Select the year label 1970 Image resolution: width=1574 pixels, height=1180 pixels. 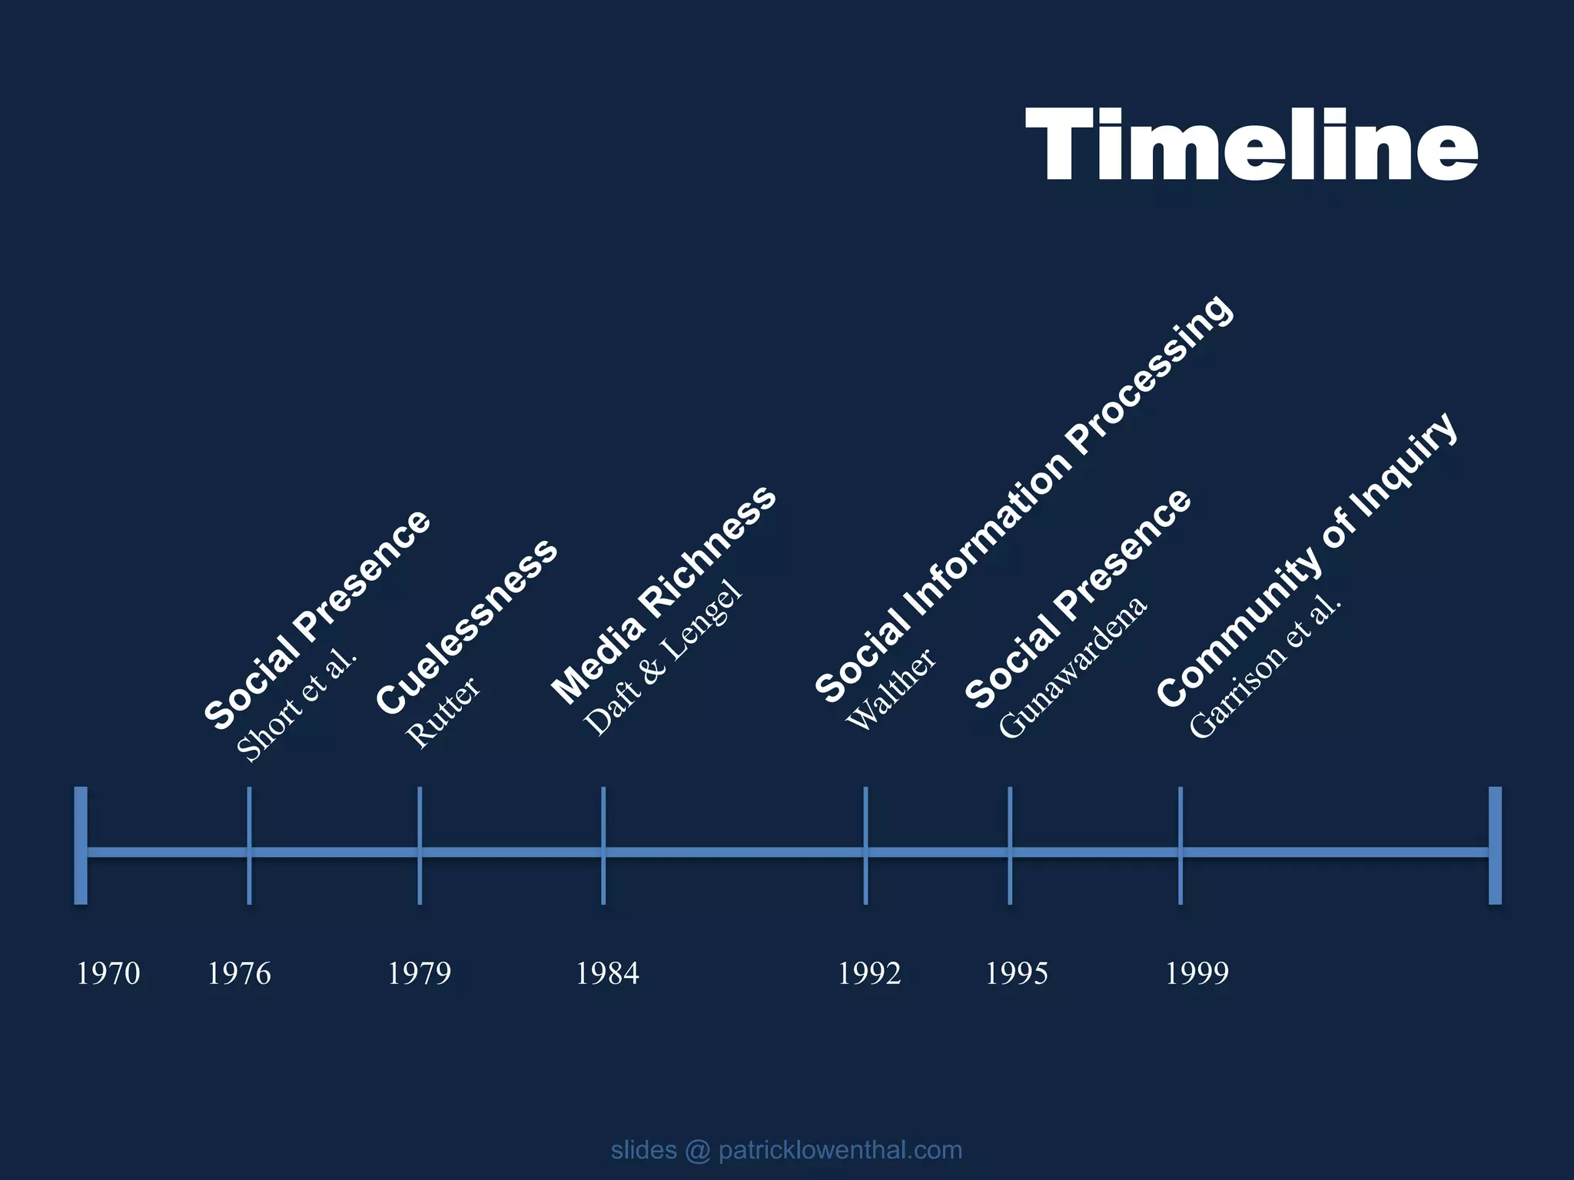pos(108,973)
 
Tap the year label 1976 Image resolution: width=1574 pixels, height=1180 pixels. pos(239,973)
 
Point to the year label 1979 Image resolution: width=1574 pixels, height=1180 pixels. pos(419,973)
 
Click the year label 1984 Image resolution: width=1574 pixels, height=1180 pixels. pos(607,973)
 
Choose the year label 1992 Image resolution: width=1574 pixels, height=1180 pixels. pos(869,973)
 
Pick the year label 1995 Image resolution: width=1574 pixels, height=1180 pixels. pos(1017,973)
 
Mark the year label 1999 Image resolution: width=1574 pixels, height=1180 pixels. pos(1197,973)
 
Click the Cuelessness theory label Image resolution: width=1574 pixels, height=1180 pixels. pos(467,626)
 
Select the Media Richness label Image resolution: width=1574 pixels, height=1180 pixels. pos(664,595)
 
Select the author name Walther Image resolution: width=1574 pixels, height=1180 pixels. pos(892,689)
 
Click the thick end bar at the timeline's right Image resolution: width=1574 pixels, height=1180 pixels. pos(1495,845)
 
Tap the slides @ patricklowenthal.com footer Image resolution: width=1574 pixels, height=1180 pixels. pos(786,1150)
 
